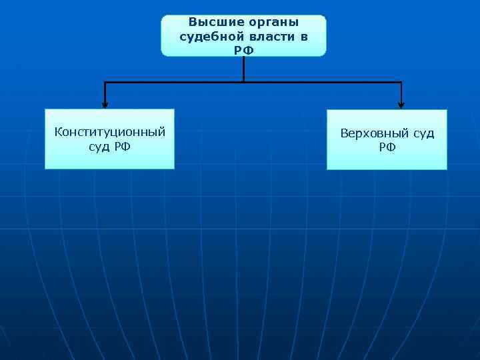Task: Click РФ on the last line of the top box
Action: coord(243,50)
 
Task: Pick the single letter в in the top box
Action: coord(304,36)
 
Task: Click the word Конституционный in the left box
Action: coord(109,132)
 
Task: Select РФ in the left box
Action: coord(121,146)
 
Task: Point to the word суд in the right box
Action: coord(423,133)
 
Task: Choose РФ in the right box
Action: coord(387,147)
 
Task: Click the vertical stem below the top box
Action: coord(243,68)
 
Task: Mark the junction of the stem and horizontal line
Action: coord(243,82)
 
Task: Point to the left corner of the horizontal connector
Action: coord(105,83)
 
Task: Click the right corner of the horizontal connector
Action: coord(401,83)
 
